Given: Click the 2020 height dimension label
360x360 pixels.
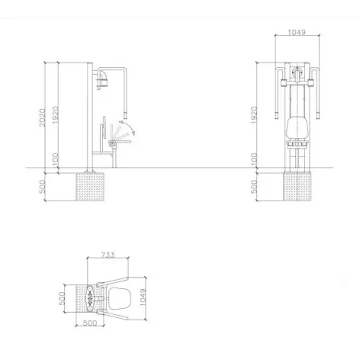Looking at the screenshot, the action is tap(42, 117).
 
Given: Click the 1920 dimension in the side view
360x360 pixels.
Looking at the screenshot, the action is tap(56, 115).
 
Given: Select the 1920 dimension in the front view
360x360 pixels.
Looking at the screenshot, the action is tap(254, 115).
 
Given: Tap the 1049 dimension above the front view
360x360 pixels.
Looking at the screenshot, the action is tap(297, 32).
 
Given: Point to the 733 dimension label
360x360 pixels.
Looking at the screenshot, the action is tap(108, 255).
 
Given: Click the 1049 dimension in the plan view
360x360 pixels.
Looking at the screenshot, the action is tap(143, 297).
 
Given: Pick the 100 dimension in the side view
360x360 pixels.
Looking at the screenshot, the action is tap(56, 159).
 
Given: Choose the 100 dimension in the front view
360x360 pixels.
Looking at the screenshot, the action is tap(254, 159).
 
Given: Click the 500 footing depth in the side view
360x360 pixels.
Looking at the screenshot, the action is tap(42, 187).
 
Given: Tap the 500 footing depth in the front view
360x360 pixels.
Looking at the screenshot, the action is tap(254, 187).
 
